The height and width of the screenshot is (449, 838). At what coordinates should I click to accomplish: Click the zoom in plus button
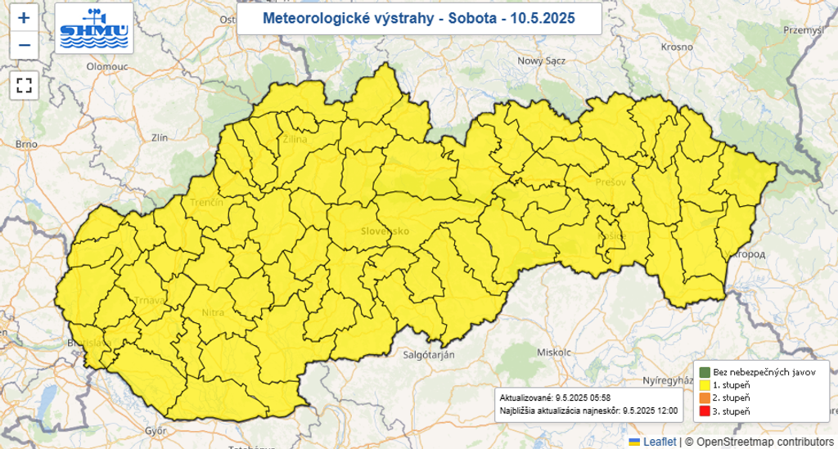(24, 17)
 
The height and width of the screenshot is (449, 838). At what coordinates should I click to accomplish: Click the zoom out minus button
(24, 44)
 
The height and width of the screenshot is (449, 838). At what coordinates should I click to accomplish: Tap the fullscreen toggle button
(24, 84)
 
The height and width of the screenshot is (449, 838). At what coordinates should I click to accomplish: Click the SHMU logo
(94, 28)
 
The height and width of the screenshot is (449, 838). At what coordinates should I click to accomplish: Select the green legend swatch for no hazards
(703, 372)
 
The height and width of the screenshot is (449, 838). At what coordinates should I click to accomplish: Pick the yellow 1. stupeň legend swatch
(703, 384)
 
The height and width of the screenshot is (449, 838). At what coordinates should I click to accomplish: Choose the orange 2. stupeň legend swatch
(703, 397)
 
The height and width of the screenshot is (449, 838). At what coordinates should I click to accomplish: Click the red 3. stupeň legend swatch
(703, 411)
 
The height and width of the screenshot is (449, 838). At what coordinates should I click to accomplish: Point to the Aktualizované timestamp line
(554, 397)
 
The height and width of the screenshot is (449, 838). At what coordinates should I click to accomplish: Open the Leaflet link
(659, 442)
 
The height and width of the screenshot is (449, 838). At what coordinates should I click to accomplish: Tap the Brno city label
(26, 144)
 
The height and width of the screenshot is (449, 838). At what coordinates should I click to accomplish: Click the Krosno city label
(677, 47)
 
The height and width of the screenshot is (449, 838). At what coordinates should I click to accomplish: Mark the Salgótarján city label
(428, 354)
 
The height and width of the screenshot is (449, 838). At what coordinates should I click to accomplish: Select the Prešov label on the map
(610, 182)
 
